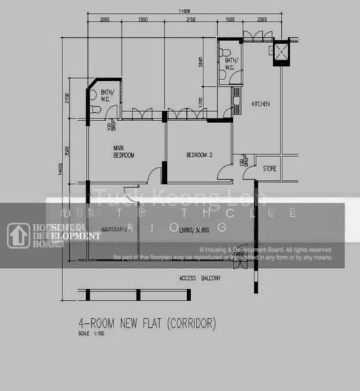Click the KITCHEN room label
tap(261, 104)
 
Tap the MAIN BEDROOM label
tap(124, 152)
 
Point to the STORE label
tap(269, 169)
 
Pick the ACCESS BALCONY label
tap(200, 278)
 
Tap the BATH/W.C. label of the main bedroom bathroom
tap(108, 95)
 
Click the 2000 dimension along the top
tap(106, 21)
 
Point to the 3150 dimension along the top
tap(190, 21)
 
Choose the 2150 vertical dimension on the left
tap(67, 100)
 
